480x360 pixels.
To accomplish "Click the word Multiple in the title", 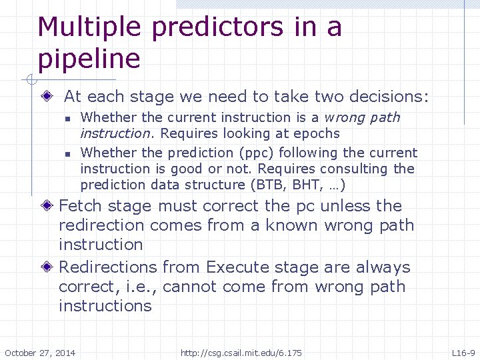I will click(89, 27).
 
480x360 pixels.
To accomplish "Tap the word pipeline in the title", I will click(89, 59).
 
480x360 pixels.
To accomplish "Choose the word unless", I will click(345, 206).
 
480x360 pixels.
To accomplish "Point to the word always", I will click(383, 267).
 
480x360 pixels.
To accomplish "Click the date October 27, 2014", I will click(40, 353).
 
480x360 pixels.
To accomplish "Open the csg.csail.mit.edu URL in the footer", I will click(241, 353).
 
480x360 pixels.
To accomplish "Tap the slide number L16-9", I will click(463, 353).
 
